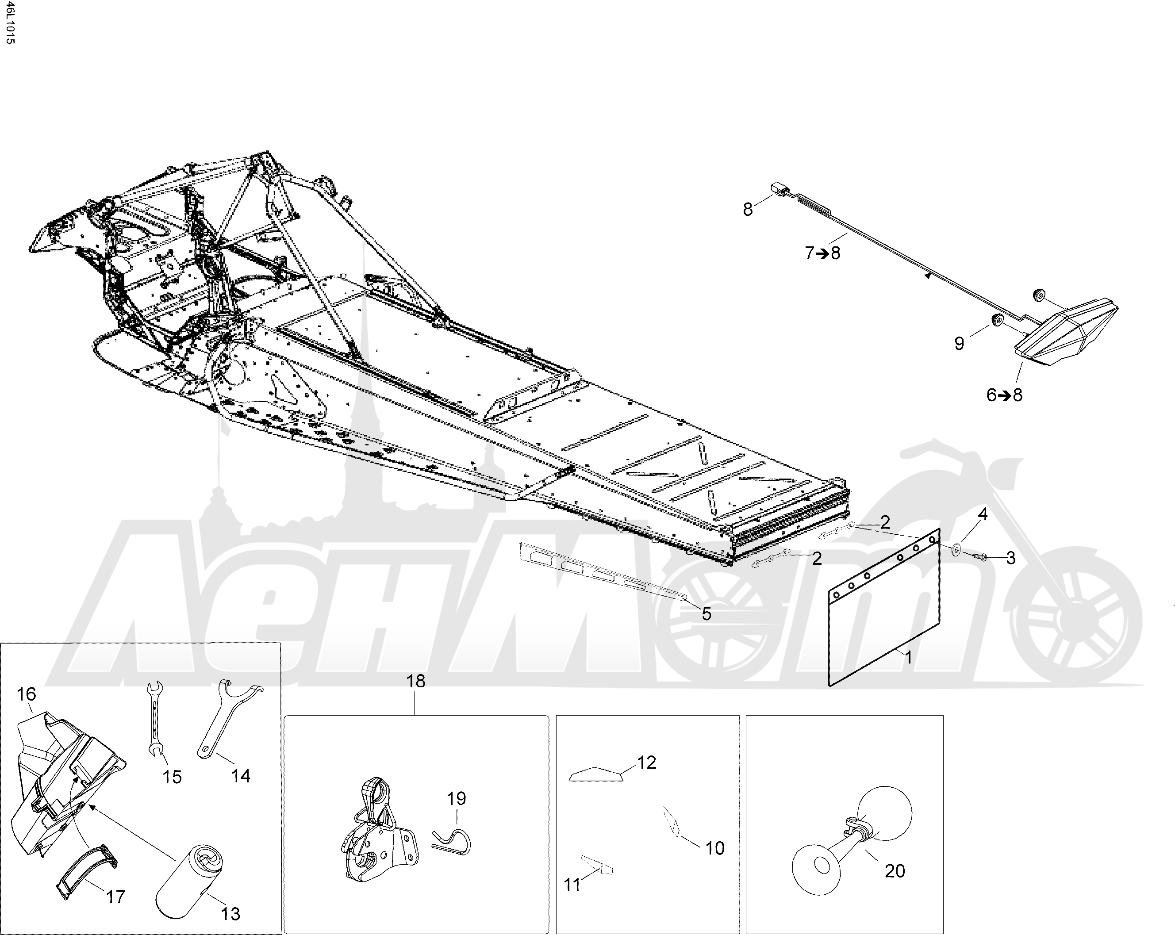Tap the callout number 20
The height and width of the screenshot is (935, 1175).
pos(895,871)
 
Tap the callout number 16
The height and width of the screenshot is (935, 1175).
pos(26,694)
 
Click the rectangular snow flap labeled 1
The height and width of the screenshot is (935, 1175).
pos(884,608)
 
